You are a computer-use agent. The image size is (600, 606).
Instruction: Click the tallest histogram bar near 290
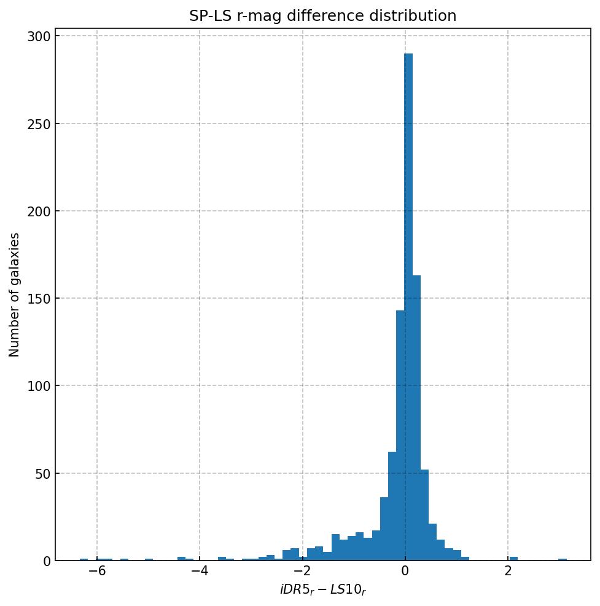pos(408,307)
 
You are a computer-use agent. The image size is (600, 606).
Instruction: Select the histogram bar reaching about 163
pos(416,418)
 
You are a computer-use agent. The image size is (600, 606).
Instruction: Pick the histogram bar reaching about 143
pos(400,436)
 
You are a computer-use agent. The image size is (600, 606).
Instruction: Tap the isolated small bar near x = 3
pos(563,559)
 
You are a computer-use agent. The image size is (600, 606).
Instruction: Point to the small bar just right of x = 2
pos(513,559)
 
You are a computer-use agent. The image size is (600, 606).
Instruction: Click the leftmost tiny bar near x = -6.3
pos(84,559)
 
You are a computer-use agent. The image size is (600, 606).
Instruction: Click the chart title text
pos(322,16)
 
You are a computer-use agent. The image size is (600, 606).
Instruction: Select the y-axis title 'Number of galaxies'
pos(15,294)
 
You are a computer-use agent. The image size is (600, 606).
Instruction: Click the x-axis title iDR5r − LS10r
pos(322,590)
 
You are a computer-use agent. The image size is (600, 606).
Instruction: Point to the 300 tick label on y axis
pos(38,36)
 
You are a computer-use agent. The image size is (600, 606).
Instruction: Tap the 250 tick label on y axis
pos(38,124)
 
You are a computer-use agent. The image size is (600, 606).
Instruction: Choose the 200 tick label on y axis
pos(38,211)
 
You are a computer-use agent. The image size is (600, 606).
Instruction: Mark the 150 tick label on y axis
pos(38,299)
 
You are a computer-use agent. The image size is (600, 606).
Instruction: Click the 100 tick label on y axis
pos(38,386)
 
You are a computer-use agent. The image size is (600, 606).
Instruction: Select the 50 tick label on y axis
pos(41,473)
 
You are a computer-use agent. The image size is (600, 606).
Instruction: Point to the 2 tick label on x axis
pos(508,572)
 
